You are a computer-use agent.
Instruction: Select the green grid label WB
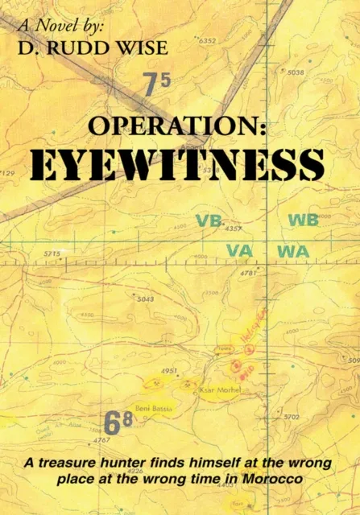click(x=303, y=220)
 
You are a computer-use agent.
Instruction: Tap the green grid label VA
click(x=240, y=251)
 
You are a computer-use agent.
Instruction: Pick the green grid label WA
click(x=293, y=251)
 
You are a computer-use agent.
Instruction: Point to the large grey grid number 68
click(x=118, y=422)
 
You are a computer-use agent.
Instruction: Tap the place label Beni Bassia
click(x=151, y=406)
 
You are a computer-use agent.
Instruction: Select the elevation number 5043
click(x=145, y=299)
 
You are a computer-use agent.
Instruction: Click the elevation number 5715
click(x=52, y=254)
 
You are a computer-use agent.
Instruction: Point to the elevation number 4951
click(x=170, y=371)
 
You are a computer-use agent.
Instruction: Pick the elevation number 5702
click(x=292, y=417)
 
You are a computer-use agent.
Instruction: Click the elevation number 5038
click(x=296, y=72)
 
